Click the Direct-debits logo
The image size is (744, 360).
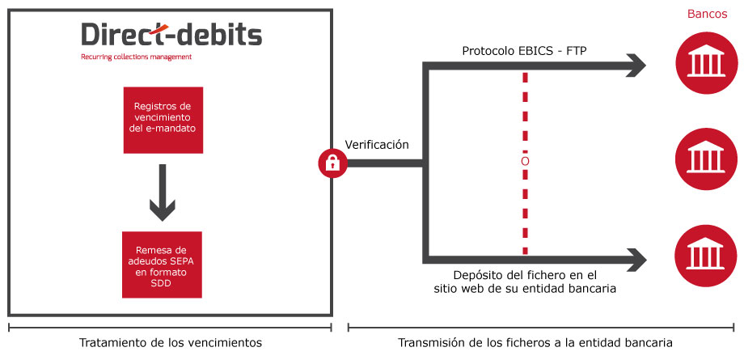(x=171, y=35)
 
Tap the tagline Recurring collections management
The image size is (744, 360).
(x=136, y=57)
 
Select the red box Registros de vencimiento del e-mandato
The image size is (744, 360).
(x=163, y=121)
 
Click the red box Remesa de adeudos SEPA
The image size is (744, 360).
(x=162, y=265)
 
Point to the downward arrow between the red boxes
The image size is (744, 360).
(x=163, y=193)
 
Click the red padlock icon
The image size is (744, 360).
(x=332, y=163)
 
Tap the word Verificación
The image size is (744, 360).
(x=377, y=145)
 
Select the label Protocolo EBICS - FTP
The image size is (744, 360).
(x=524, y=51)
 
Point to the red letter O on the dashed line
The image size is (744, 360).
(x=525, y=162)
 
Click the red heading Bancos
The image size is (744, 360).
(x=707, y=14)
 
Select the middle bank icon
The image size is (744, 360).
(x=706, y=159)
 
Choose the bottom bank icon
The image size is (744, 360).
(x=706, y=256)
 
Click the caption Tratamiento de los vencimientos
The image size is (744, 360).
(x=171, y=342)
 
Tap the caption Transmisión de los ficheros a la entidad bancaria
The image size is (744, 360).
(x=535, y=342)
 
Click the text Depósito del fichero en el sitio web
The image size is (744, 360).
(x=525, y=282)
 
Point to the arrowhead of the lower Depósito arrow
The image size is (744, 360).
(x=636, y=260)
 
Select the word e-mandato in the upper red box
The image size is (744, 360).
(x=169, y=129)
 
